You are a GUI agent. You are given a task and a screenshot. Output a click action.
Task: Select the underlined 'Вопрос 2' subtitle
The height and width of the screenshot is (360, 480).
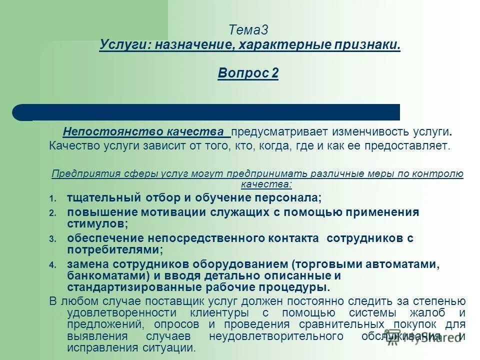coord(248,73)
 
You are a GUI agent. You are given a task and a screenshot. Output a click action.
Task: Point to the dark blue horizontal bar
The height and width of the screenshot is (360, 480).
coord(210,112)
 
